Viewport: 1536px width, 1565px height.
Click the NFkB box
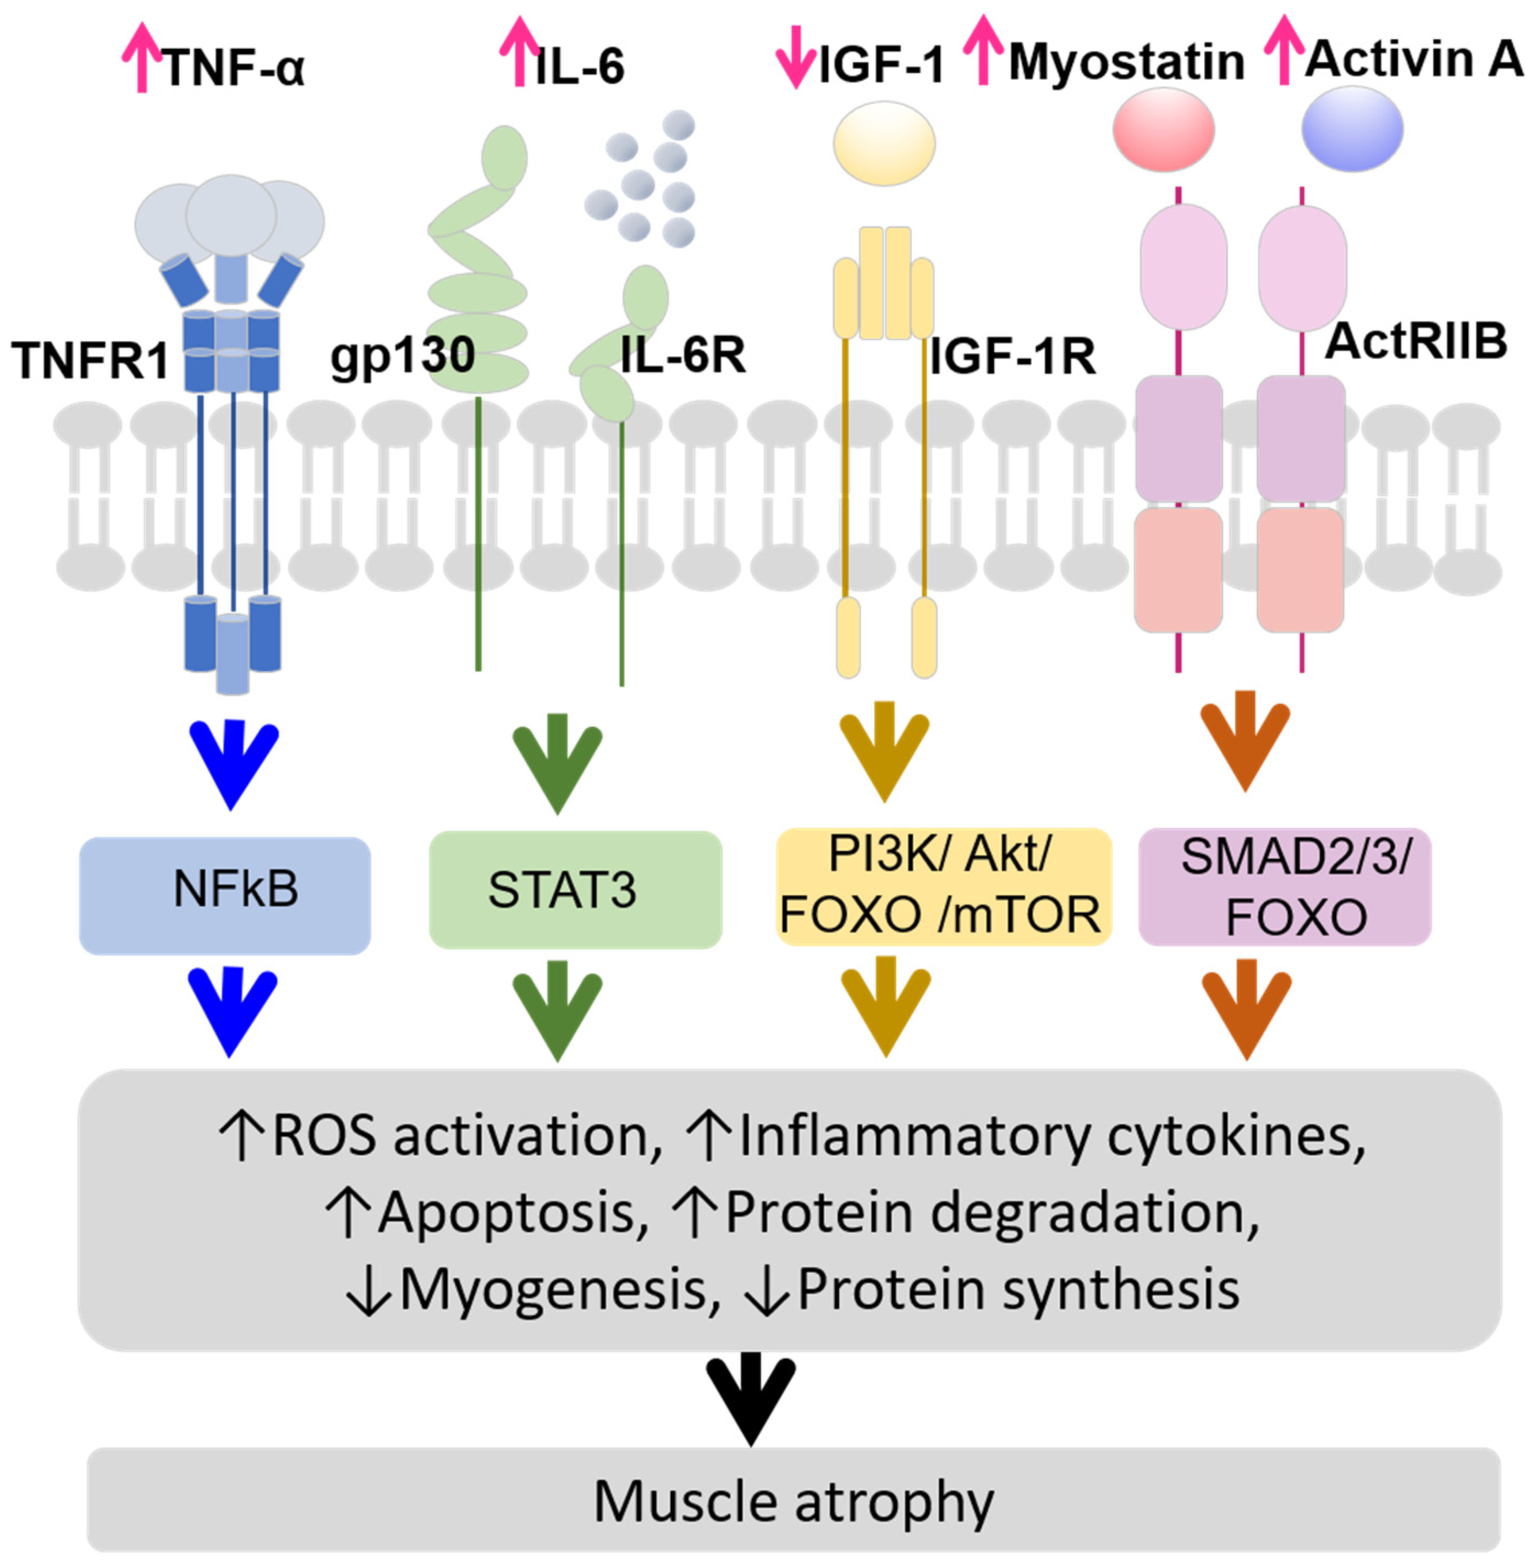(224, 895)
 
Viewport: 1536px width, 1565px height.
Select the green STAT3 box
(574, 890)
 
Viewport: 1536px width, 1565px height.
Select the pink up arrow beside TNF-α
(141, 57)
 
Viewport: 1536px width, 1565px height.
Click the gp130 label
(402, 354)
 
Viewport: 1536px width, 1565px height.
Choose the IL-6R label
(682, 354)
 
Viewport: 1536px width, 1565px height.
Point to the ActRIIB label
(1416, 341)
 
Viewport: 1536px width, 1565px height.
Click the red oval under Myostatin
(1163, 130)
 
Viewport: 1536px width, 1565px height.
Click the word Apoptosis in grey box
(507, 1213)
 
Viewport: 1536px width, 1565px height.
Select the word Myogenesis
(553, 1289)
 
